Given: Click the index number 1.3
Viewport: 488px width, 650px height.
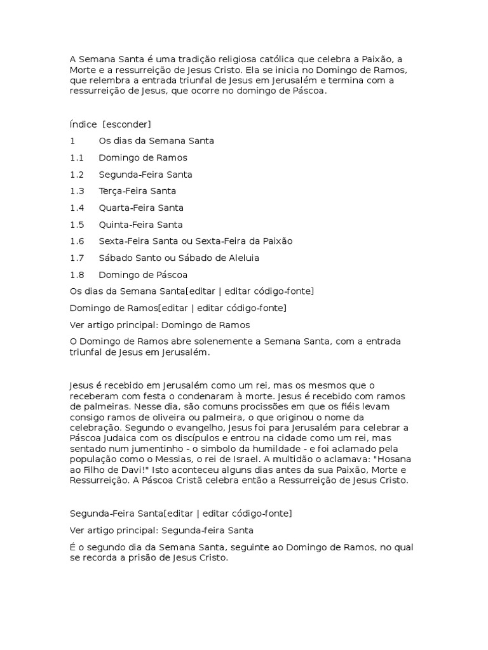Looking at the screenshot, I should coord(77,191).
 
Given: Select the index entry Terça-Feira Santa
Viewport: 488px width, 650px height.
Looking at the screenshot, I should coord(137,191).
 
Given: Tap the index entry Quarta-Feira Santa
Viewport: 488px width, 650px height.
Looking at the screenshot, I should coord(141,208).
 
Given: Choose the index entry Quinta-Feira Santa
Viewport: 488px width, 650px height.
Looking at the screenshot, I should coord(140,225).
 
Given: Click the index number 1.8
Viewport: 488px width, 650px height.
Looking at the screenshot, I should coord(77,275).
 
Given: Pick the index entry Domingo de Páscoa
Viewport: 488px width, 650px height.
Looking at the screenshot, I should coord(143,275).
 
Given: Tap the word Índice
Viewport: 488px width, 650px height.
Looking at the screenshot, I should coord(83,124).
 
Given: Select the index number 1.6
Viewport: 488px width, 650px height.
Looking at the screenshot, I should coord(77,241).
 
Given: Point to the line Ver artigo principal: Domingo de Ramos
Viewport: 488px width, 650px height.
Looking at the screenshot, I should coord(159,325).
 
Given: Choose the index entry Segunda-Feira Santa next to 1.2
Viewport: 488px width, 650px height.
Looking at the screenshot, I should coord(146,175).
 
